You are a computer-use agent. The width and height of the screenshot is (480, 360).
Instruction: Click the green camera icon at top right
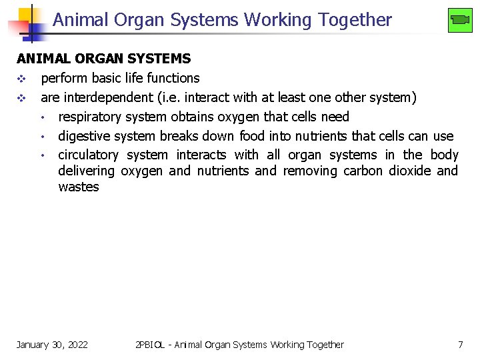click(x=460, y=20)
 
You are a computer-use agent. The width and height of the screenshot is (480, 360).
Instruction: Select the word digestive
click(x=84, y=137)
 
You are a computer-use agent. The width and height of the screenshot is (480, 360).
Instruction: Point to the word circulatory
click(x=88, y=155)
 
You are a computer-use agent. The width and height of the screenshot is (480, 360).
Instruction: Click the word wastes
click(x=78, y=187)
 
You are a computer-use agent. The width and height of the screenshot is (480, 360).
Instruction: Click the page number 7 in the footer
click(x=460, y=345)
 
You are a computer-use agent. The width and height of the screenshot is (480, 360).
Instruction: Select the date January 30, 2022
click(x=52, y=345)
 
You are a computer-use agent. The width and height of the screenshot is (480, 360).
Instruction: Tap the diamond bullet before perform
click(x=21, y=79)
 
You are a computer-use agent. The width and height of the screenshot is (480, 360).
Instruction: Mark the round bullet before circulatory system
click(x=42, y=155)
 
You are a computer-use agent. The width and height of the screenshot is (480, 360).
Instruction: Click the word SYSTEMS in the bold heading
click(x=161, y=59)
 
